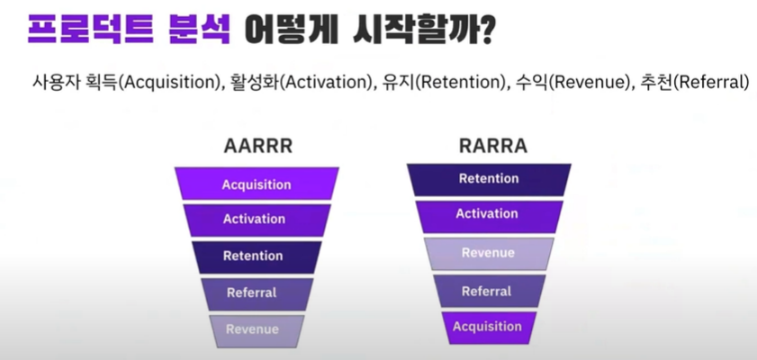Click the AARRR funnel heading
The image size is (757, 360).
258,146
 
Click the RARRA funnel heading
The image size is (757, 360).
493,146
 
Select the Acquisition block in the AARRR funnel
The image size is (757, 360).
257,184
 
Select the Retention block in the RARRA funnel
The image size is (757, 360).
489,180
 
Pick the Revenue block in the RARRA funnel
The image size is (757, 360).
489,254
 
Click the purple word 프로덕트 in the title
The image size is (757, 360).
91,30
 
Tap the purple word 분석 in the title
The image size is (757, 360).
200,30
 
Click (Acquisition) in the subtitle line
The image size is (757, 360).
169,82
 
